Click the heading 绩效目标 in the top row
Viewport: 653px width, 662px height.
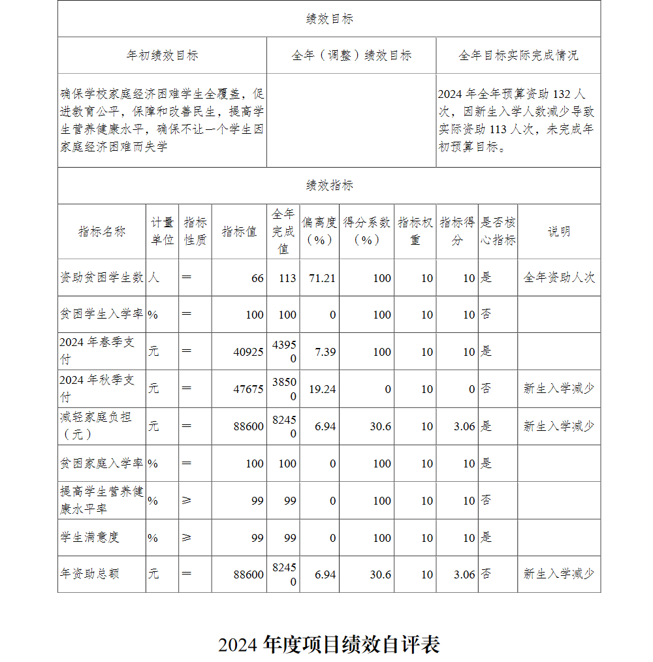[x=329, y=19]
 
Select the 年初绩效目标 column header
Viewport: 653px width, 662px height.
[x=162, y=55]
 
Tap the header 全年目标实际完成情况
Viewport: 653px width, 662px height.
[x=518, y=55]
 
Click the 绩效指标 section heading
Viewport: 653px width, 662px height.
[x=329, y=185]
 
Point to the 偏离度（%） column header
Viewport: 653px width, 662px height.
[x=319, y=231]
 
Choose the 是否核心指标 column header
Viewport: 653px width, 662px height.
[x=498, y=231]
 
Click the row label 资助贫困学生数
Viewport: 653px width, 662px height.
[x=102, y=277]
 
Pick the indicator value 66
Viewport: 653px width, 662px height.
[x=257, y=278]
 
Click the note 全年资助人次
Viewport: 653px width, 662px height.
[x=559, y=277]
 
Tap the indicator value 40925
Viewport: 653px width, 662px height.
[x=248, y=352]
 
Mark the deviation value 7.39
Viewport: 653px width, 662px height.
[x=325, y=352]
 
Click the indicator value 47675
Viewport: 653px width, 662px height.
[x=248, y=389]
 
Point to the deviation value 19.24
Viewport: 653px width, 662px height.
[x=322, y=389]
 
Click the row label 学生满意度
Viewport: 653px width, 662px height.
[x=89, y=537]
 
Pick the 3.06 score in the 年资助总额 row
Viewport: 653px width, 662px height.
[x=464, y=575]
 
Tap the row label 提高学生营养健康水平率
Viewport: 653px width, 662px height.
[x=102, y=500]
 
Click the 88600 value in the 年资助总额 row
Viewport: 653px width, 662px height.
[x=248, y=575]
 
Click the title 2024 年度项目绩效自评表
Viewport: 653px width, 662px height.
[x=329, y=645]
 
